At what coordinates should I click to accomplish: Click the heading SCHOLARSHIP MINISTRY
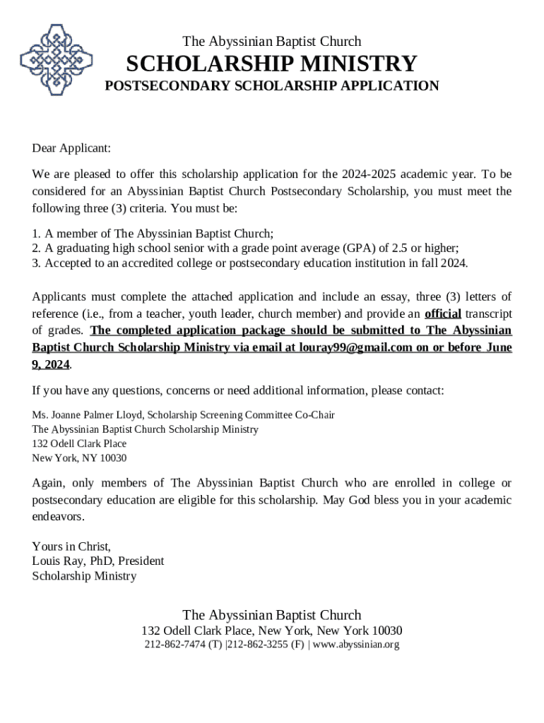pyautogui.click(x=271, y=64)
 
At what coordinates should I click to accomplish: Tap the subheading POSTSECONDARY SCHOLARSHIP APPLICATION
pyautogui.click(x=271, y=86)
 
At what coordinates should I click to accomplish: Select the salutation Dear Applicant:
pyautogui.click(x=71, y=148)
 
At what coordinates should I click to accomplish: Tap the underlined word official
pyautogui.click(x=442, y=313)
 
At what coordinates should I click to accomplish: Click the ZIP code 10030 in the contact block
pyautogui.click(x=114, y=458)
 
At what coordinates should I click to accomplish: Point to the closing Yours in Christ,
pyautogui.click(x=71, y=546)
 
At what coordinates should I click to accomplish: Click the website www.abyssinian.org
pyautogui.click(x=356, y=645)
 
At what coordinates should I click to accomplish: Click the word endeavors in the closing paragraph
pyautogui.click(x=58, y=516)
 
